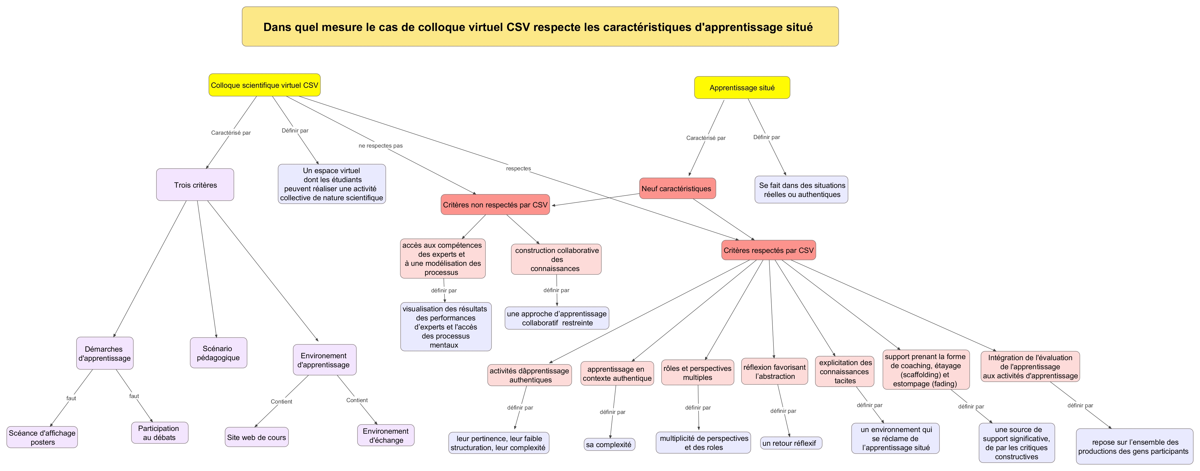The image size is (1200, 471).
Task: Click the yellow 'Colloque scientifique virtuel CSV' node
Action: [x=264, y=85]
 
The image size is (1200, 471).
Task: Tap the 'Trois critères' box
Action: [x=195, y=185]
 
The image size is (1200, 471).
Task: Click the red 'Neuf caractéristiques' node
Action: [x=676, y=188]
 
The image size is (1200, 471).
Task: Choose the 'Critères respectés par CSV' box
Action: [x=768, y=250]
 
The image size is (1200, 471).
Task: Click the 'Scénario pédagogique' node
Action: [x=218, y=353]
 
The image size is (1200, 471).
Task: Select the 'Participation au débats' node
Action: [x=159, y=433]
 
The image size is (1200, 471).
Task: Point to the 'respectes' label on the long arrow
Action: [x=518, y=168]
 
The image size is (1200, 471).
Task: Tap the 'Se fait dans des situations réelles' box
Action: [x=801, y=190]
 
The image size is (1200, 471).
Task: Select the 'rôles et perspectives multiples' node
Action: [x=697, y=373]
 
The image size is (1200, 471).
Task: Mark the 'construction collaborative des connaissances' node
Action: [x=556, y=259]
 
